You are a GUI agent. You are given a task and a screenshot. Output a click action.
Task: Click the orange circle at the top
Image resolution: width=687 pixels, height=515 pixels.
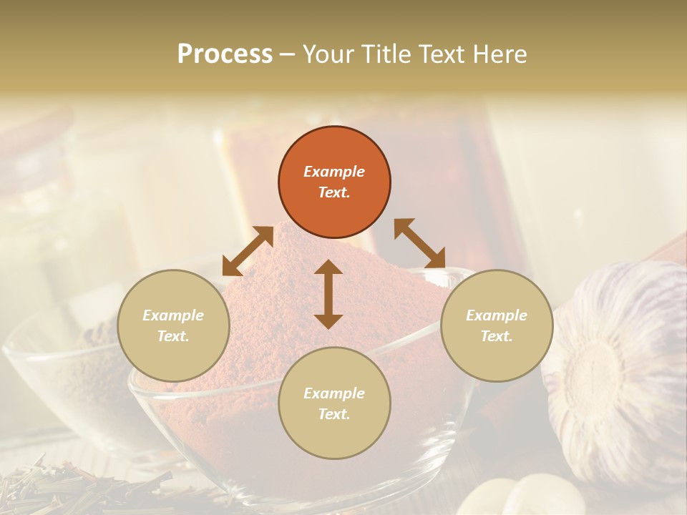(x=334, y=182)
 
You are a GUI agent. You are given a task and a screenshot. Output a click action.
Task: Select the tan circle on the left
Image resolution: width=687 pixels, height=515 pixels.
(x=173, y=325)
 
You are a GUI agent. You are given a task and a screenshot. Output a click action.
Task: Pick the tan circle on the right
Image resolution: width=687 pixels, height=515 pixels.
(x=496, y=325)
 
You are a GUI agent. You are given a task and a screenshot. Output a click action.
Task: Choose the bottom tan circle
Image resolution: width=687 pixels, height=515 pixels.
(x=334, y=403)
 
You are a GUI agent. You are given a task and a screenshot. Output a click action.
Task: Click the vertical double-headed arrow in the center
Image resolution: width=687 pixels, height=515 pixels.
(x=328, y=294)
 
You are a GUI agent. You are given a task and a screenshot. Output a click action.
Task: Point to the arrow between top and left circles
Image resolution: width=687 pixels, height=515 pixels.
(x=248, y=251)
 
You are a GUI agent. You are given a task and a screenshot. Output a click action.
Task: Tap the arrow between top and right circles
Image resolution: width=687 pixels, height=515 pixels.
(x=420, y=243)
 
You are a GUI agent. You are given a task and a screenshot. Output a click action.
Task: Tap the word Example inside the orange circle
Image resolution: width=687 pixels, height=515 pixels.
(x=334, y=172)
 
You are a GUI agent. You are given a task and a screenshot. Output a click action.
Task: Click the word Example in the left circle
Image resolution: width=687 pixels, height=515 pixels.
(x=173, y=315)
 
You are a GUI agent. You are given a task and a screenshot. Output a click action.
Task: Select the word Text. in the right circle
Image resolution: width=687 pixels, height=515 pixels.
(x=496, y=336)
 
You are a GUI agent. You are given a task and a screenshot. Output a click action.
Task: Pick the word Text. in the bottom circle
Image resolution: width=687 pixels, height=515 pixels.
(x=334, y=414)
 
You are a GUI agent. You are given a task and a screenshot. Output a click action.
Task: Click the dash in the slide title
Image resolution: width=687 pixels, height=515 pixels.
(x=287, y=55)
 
